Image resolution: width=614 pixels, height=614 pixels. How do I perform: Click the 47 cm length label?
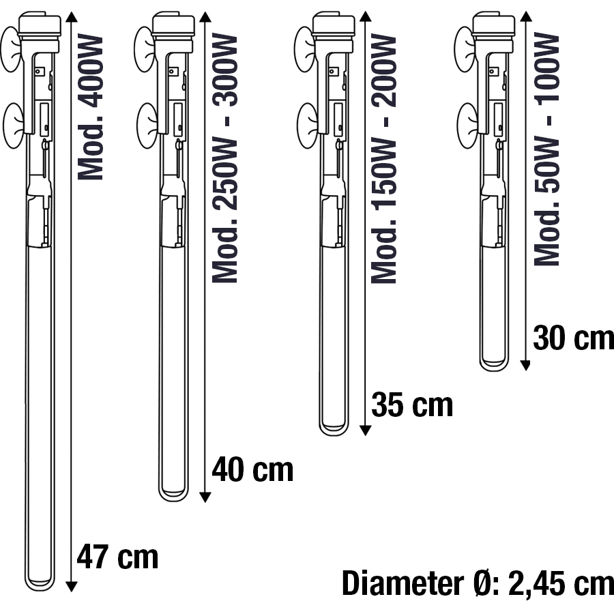click(117, 557)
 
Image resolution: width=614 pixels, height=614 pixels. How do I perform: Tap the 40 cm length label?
click(252, 469)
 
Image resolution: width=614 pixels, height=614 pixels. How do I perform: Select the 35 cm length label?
click(412, 404)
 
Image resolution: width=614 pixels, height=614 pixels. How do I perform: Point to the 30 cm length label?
click(573, 338)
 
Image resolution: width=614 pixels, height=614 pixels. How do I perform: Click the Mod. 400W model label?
click(91, 107)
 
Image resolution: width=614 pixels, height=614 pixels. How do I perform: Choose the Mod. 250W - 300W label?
click(224, 158)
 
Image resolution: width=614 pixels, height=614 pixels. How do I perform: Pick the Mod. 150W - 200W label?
click(383, 158)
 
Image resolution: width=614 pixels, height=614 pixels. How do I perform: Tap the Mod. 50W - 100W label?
click(546, 149)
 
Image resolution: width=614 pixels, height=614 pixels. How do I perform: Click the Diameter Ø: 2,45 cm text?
click(478, 583)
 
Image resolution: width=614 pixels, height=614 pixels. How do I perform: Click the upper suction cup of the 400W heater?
click(11, 49)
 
